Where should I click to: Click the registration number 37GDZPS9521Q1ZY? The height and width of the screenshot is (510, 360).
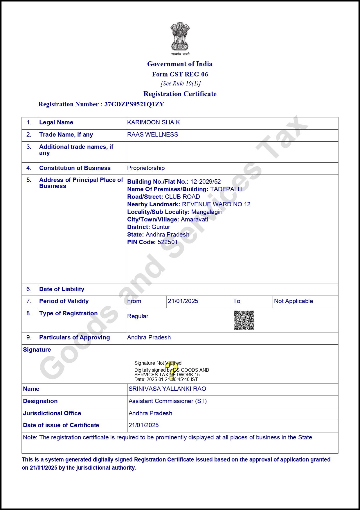tap(134, 104)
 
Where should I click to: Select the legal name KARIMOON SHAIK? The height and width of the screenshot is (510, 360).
tap(154, 122)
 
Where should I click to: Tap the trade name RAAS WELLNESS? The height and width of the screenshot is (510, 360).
tap(153, 135)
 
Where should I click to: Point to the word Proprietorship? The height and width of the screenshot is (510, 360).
tap(146, 168)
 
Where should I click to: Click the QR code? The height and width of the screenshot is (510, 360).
tap(244, 320)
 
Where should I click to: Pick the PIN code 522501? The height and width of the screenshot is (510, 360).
tap(168, 242)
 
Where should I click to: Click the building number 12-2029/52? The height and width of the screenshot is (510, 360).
tap(206, 182)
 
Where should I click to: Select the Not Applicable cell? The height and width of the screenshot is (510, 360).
tap(294, 301)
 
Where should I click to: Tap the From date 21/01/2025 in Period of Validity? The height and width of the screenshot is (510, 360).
tap(183, 301)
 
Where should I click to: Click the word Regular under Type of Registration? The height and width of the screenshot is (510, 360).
tap(138, 316)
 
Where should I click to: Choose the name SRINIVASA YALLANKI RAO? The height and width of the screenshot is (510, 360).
tap(167, 389)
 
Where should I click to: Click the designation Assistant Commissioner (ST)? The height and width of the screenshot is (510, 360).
tap(168, 401)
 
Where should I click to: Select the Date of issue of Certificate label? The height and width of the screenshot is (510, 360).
tap(61, 425)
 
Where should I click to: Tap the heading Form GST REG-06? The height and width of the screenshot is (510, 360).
tap(180, 74)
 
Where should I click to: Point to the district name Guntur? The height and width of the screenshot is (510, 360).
tap(161, 227)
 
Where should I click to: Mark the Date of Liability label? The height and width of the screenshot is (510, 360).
tap(62, 289)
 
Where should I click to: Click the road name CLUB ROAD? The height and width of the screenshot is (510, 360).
tap(182, 197)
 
